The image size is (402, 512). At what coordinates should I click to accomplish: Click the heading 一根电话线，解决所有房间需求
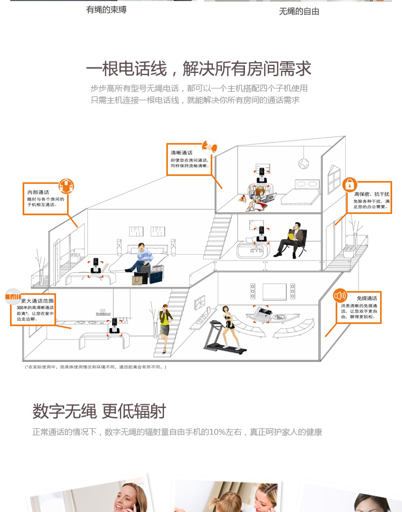pos(198,69)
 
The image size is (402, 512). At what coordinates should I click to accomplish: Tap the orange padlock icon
pos(349,185)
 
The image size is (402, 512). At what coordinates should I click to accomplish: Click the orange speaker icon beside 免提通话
pos(340,296)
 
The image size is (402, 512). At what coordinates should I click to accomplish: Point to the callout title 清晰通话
pos(182,153)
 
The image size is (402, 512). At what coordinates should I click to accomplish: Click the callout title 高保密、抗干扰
pos(372,194)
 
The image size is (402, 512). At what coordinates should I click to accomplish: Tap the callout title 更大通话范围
pos(38,301)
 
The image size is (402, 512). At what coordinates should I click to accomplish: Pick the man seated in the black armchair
pos(293,239)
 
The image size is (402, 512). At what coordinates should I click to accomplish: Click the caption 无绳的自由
pos(299,11)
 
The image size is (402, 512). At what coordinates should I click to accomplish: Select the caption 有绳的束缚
pos(106,10)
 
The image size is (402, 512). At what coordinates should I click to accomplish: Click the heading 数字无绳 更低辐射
pos(99,412)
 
